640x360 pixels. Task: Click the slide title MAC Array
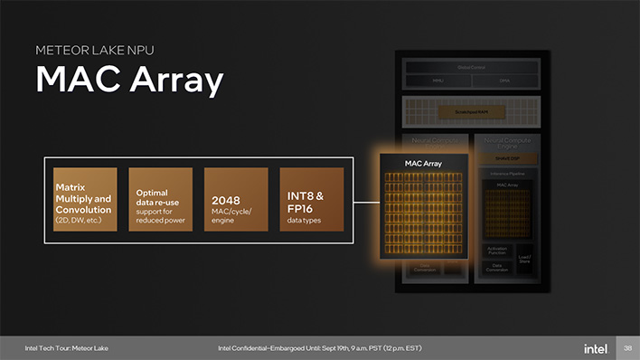pos(129,81)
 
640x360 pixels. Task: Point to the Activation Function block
pos(498,251)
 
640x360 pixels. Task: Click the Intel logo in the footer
pos(595,348)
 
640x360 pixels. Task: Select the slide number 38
pos(627,348)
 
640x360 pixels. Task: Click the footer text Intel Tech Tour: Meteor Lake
pos(66,348)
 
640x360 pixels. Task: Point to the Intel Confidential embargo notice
pos(319,348)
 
